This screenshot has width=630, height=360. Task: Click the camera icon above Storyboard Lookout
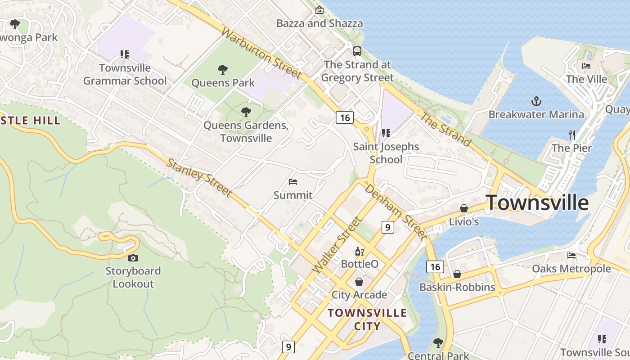(133, 258)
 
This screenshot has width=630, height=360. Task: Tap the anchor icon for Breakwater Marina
(536, 101)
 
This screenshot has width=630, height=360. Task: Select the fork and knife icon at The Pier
(572, 134)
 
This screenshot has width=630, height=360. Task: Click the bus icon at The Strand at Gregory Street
(357, 51)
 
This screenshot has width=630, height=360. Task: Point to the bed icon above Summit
(293, 182)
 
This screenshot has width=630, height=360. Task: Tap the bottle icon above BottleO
(359, 251)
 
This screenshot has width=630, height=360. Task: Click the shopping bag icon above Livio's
(463, 208)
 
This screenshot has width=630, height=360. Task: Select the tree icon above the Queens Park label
(222, 70)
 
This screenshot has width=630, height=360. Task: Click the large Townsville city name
(537, 203)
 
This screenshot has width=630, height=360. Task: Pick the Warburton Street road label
(261, 53)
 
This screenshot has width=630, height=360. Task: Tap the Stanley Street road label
(199, 177)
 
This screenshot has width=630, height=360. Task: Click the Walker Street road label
(337, 245)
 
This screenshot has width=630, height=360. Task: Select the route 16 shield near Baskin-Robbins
(435, 267)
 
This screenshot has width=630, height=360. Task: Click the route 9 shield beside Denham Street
(387, 227)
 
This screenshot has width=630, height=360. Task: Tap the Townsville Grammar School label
(125, 74)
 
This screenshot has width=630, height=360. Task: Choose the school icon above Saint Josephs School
(386, 133)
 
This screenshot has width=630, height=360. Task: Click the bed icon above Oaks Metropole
(571, 256)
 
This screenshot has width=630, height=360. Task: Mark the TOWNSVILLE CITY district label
(367, 319)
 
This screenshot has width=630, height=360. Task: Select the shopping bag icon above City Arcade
(359, 282)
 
